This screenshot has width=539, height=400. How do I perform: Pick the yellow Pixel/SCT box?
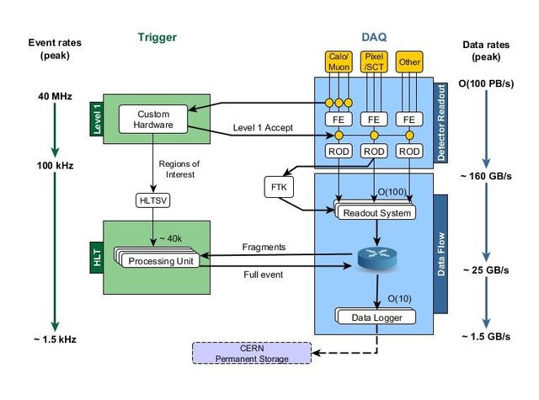(x=374, y=61)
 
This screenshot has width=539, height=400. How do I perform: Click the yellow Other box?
(x=411, y=61)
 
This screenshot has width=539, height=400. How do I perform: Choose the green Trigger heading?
(x=157, y=37)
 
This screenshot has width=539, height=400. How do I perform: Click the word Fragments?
(x=264, y=248)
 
